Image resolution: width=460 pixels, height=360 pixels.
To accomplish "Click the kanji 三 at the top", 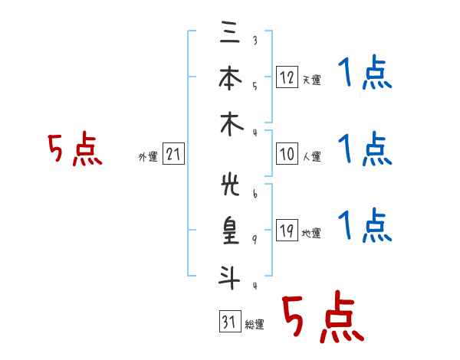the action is coord(230,31).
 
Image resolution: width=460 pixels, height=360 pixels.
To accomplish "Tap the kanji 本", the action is coord(230,77).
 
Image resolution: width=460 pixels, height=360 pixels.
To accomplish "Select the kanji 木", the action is coord(232,124).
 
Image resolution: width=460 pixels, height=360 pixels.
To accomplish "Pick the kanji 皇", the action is coord(231,231).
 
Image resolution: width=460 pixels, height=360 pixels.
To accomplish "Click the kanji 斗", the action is coord(230,277).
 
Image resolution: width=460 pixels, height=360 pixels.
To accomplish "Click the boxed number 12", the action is coord(287,77).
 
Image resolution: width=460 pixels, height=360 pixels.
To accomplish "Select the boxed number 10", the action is coord(287,154).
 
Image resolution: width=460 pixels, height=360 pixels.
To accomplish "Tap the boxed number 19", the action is coord(287,230).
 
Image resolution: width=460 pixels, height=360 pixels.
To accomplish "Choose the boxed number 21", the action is coord(173,154).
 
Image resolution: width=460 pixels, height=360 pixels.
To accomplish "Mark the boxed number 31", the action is coord(230,321).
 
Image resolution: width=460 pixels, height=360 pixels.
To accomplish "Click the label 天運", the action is coord(312,80).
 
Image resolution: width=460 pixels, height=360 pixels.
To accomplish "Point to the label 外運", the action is coord(148,157).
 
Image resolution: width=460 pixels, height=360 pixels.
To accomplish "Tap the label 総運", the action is coord(255,325).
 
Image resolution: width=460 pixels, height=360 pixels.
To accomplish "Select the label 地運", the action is coord(311,234).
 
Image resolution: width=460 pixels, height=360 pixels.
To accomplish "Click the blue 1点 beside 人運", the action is coord(365,149).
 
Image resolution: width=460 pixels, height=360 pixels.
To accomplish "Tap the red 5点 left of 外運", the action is coord(75,149).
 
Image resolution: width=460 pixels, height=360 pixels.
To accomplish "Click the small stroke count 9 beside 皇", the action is coord(255,240).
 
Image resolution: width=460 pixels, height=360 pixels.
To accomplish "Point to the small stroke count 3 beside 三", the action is coord(255,40).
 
